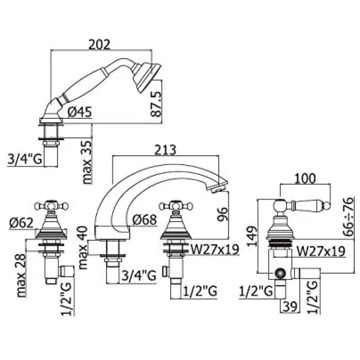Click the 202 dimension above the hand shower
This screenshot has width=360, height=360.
(99, 45)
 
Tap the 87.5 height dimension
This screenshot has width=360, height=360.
(157, 105)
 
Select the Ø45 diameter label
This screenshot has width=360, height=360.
(80, 112)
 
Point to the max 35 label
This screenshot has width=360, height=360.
(87, 162)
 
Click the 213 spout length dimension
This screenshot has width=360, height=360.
(165, 150)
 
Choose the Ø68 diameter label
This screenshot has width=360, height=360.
(145, 220)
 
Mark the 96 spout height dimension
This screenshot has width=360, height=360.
(223, 214)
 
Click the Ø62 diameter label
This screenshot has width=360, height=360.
(22, 223)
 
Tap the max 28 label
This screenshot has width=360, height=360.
(22, 276)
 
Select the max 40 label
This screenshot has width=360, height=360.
(83, 247)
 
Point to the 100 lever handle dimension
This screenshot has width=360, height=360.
(305, 178)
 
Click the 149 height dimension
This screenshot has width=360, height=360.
(252, 236)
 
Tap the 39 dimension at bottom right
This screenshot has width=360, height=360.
(290, 307)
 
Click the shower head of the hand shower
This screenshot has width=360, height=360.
(147, 77)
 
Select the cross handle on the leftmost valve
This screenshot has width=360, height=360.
(51, 206)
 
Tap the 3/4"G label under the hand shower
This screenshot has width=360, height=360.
(25, 158)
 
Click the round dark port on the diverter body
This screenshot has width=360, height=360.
(280, 274)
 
